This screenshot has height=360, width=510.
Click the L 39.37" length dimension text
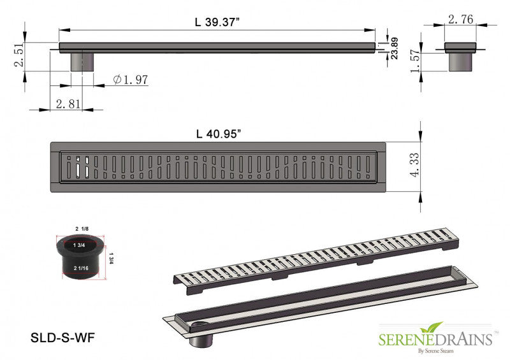(217, 21)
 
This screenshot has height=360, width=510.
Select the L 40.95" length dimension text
(218, 134)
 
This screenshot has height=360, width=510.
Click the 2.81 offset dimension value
(68, 104)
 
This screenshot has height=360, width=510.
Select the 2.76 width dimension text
(460, 20)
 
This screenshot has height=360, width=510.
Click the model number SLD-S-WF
(62, 338)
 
